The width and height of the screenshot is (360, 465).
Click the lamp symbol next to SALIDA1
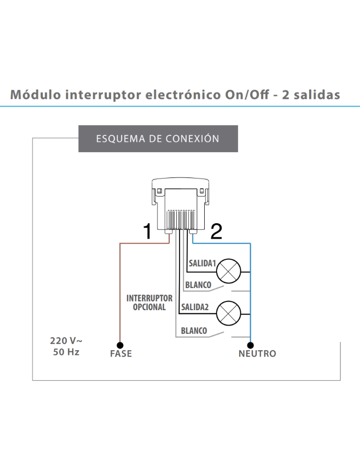click(x=228, y=270)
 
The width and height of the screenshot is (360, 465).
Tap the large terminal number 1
click(x=147, y=233)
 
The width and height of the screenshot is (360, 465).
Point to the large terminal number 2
click(x=217, y=233)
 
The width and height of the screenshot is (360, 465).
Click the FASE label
click(x=121, y=354)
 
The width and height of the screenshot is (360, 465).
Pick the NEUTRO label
click(x=257, y=354)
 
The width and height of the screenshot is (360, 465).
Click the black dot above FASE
click(x=120, y=345)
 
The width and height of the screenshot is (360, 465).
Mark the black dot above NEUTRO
click(x=251, y=345)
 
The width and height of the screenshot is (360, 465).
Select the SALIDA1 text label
click(x=202, y=263)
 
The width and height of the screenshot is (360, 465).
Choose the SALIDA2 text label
click(x=194, y=307)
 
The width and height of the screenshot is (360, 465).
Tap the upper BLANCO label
click(x=199, y=284)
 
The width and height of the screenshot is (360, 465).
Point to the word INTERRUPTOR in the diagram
click(x=149, y=298)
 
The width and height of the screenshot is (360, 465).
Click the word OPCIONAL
click(x=149, y=307)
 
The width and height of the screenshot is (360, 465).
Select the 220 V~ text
click(x=66, y=341)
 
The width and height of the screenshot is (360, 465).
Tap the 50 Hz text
click(x=66, y=352)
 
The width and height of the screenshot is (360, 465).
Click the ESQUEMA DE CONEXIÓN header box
click(x=158, y=139)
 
